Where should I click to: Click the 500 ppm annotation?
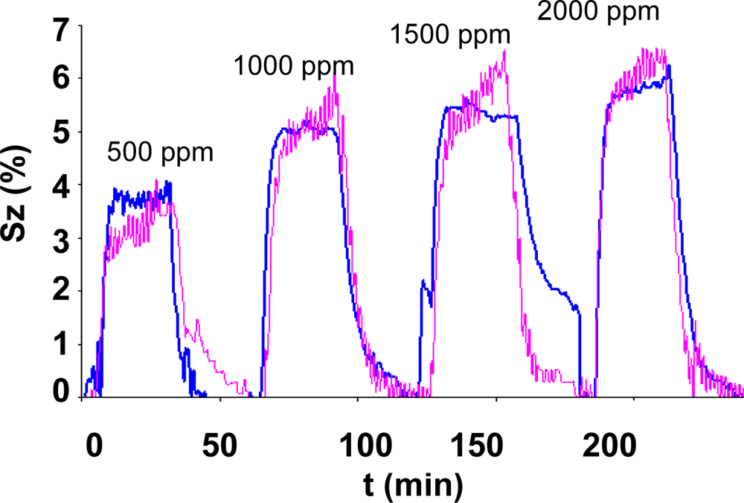coord(160,153)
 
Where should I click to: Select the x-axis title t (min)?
coord(413,484)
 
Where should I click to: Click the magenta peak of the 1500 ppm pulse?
coord(505,51)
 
